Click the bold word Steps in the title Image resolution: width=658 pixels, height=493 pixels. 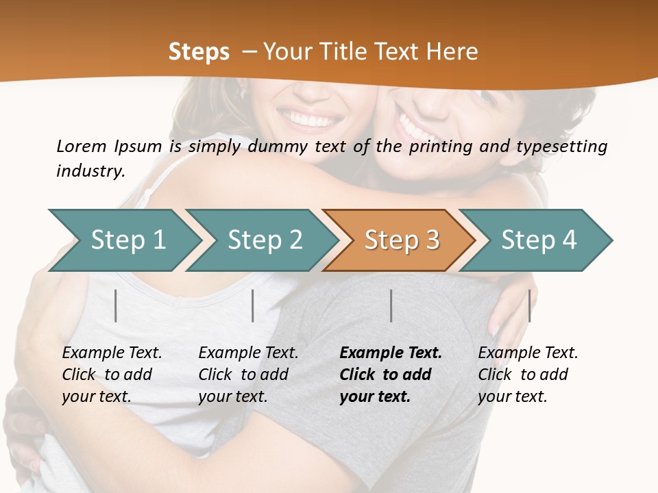coord(199,52)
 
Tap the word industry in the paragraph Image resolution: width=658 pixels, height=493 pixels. coord(90,171)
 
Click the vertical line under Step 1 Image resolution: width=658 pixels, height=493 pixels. coord(116,305)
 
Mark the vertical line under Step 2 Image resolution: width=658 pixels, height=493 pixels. coord(253,305)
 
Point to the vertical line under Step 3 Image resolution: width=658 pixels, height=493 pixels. coord(391,305)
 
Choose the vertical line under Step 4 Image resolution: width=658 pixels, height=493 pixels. coord(529,305)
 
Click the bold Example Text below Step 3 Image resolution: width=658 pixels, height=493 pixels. coord(391,353)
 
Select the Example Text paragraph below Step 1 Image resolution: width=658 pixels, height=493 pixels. coord(112,375)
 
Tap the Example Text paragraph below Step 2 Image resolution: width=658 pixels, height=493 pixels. coord(248,375)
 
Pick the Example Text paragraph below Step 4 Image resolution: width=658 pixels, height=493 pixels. coord(528,375)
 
